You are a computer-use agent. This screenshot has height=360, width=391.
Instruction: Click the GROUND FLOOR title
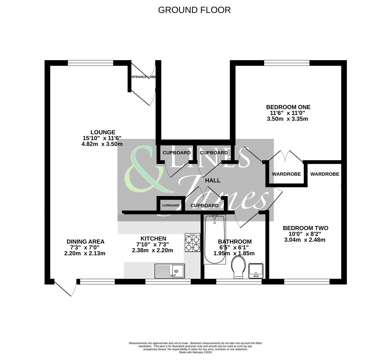click(x=194, y=10)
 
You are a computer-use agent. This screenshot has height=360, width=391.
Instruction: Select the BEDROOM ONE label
click(x=288, y=107)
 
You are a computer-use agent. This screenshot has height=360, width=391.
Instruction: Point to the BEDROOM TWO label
click(x=305, y=228)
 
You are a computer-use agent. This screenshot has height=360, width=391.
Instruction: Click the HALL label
click(x=213, y=180)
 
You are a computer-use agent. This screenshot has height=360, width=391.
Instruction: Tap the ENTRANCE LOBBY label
click(x=143, y=77)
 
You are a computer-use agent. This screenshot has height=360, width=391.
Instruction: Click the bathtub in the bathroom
click(x=214, y=239)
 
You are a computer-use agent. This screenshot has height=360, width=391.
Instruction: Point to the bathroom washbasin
click(x=256, y=270)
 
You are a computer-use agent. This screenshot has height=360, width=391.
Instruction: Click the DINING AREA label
click(x=85, y=242)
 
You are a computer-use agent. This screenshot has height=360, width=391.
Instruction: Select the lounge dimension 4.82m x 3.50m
click(x=102, y=144)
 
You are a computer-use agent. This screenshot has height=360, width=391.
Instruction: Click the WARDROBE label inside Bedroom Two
click(x=325, y=174)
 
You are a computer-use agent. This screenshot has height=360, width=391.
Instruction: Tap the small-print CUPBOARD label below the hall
click(x=171, y=205)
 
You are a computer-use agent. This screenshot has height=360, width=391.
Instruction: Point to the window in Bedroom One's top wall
click(x=287, y=63)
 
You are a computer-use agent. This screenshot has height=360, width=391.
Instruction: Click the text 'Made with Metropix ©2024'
click(x=195, y=352)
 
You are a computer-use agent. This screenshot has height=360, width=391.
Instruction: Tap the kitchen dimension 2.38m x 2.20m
click(x=153, y=250)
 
